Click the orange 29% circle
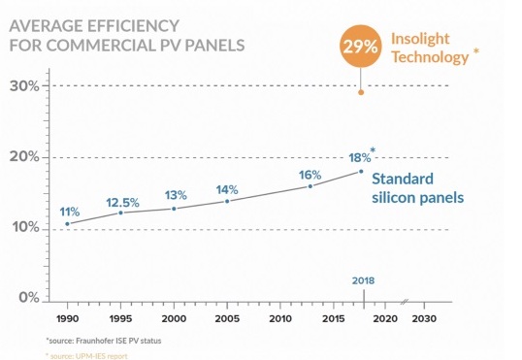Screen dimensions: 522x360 pos(361,46)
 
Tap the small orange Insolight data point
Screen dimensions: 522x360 pos(361,92)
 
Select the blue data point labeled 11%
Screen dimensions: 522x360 pos(67,224)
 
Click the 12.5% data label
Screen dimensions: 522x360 pos(122,203)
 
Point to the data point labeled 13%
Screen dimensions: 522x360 pos(174,209)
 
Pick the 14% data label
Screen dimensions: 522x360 pos(227,190)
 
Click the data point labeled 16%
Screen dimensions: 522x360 pos(310,186)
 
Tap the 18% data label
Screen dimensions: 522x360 pos(360,157)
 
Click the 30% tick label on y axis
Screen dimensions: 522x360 pos(24,86)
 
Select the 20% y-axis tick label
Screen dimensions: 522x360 pos(24,157)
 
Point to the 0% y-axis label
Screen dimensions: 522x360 pos(29,297)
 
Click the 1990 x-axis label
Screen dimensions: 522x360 pos(68,318)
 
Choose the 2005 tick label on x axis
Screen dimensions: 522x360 pos(227,318)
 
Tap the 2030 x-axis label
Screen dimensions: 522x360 pos(424,318)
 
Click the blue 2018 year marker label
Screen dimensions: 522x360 pos(363,280)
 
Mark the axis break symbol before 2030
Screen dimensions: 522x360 pos(405,302)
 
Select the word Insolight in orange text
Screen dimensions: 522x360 pos(420,39)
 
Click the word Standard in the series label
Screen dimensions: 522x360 pos(403,179)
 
